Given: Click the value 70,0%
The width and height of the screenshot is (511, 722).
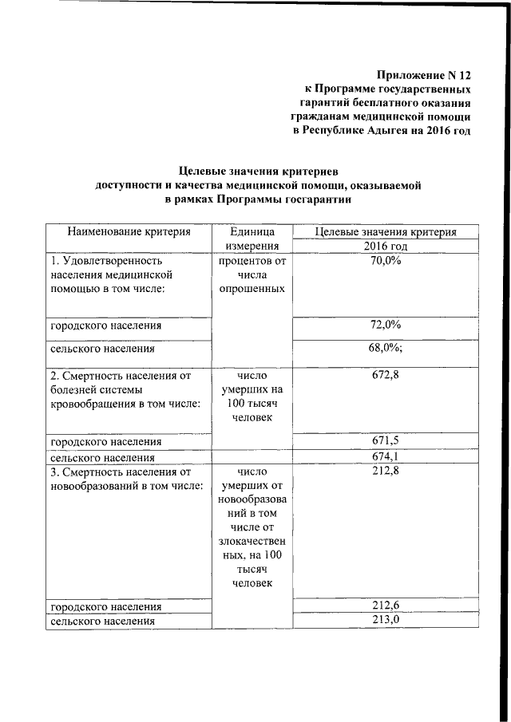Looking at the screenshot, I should [386, 261].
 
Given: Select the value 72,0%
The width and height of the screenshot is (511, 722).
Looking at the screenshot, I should [386, 325].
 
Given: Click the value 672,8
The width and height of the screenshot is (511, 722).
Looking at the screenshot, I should [386, 375].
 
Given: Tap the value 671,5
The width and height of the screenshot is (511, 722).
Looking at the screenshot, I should [386, 440].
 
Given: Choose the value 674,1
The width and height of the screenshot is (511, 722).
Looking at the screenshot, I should [386, 456].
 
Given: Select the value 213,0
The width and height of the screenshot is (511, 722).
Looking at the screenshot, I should [386, 620].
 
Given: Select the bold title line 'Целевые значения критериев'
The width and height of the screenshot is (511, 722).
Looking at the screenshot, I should [258, 172].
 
